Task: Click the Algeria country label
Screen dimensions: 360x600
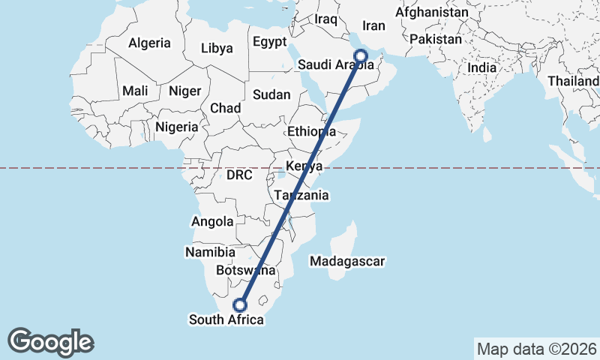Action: (x=149, y=43)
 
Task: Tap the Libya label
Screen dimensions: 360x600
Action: (x=217, y=49)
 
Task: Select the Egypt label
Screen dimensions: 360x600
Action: (x=271, y=42)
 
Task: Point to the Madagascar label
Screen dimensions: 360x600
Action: (x=347, y=262)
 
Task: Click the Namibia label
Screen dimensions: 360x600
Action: (x=210, y=253)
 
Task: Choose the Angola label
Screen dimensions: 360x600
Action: (x=214, y=222)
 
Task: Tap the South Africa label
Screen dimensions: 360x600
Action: (x=226, y=320)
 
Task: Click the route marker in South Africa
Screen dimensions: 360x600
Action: (x=240, y=305)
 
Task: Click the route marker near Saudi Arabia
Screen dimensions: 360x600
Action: (x=361, y=55)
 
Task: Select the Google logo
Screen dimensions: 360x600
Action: (x=51, y=342)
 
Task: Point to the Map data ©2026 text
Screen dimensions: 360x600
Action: (x=537, y=349)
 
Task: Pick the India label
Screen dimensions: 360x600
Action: (x=482, y=67)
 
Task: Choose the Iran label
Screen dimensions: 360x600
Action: (x=373, y=26)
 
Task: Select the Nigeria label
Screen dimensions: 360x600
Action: (x=177, y=127)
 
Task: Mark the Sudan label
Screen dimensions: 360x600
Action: (x=266, y=95)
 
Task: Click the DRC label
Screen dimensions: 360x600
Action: (x=240, y=175)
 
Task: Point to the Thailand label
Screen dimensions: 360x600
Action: (x=574, y=81)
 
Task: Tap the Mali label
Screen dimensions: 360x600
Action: (x=136, y=91)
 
